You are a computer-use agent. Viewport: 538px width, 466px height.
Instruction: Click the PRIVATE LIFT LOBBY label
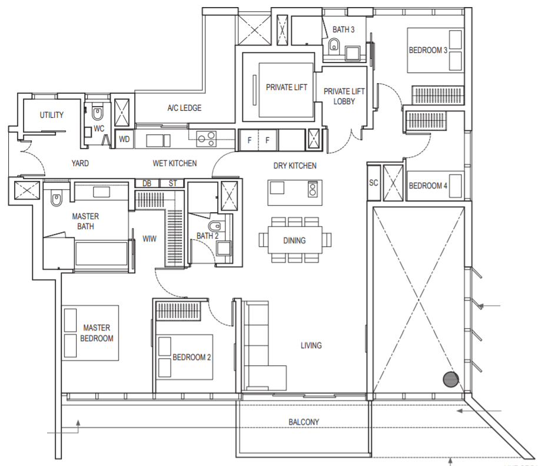coord(344,96)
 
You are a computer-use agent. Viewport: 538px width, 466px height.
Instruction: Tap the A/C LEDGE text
coord(184,108)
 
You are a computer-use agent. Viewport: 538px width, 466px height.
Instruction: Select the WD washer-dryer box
coord(124,139)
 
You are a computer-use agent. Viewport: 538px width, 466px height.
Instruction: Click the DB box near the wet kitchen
coord(147,183)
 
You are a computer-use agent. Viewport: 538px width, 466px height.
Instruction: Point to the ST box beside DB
coord(172,183)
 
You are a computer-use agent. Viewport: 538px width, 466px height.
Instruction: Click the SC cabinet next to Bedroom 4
coord(374,183)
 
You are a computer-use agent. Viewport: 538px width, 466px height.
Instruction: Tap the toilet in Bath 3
coord(334,44)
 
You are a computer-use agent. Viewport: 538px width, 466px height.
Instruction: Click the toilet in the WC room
coord(98,112)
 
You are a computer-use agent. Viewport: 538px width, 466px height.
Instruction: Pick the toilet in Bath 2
coord(215,226)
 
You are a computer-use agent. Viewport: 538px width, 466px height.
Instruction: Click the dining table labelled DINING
coord(295,240)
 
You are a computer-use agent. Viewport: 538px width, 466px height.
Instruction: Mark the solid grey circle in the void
coord(451,379)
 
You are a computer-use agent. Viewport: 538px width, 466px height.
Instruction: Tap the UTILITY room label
coord(51,115)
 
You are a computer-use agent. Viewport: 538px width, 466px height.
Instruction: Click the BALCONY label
coord(304,422)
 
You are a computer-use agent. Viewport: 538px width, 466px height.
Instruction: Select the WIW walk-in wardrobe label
coord(150,239)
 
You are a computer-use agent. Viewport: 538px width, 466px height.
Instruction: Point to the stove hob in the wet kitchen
coord(206,138)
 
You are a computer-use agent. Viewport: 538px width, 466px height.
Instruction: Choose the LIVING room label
coord(311,345)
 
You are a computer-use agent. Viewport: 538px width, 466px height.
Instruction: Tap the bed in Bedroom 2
coord(185,357)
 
